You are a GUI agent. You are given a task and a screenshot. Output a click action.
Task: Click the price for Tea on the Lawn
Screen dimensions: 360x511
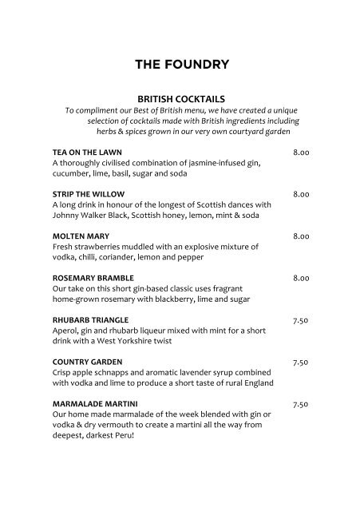point(301,152)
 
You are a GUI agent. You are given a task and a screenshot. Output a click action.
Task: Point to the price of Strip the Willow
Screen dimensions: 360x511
point(301,194)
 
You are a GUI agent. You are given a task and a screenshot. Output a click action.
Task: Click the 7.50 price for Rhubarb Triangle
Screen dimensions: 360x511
point(301,320)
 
